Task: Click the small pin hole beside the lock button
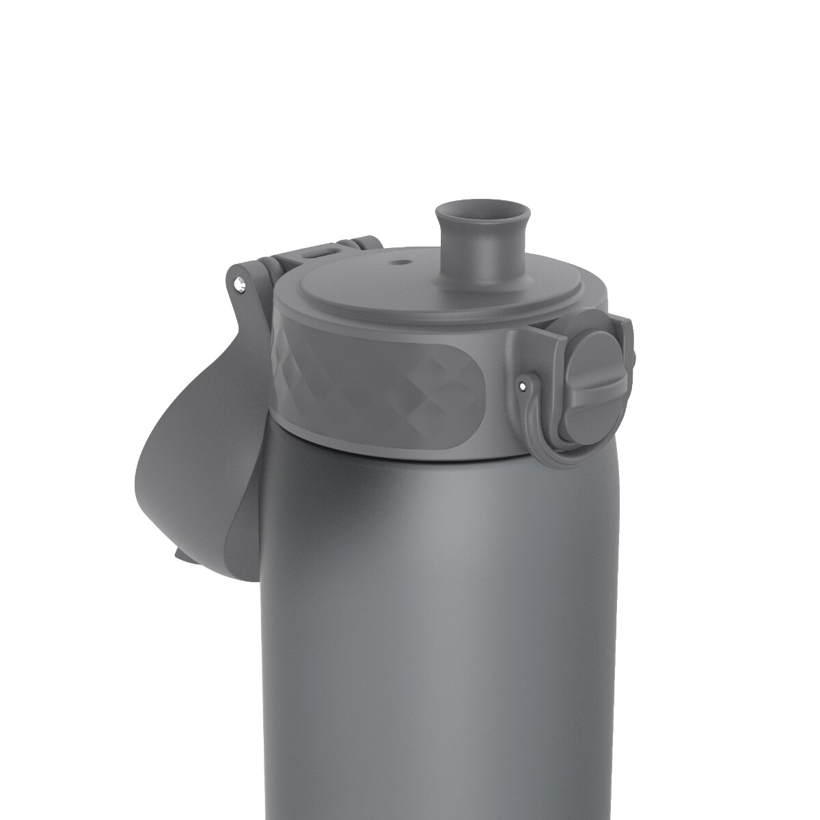pyautogui.click(x=523, y=387)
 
